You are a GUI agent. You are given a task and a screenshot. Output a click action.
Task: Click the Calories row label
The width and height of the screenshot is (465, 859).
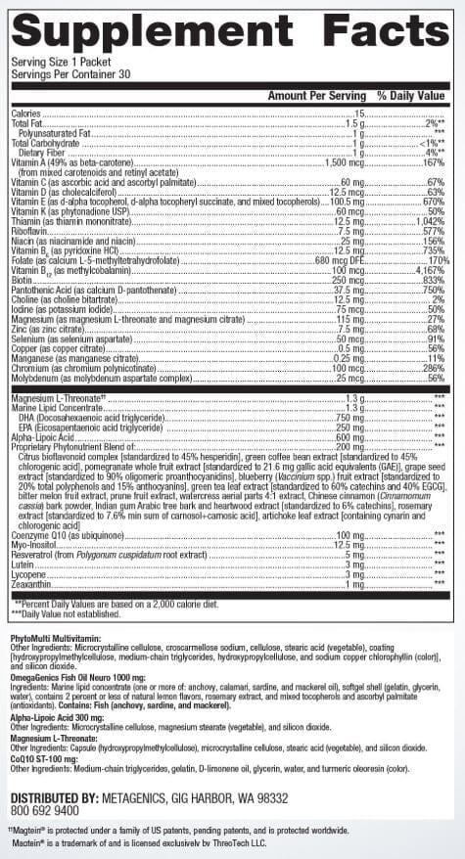click(27, 114)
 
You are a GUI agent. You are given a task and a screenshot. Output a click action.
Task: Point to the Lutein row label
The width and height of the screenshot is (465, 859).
click(23, 564)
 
